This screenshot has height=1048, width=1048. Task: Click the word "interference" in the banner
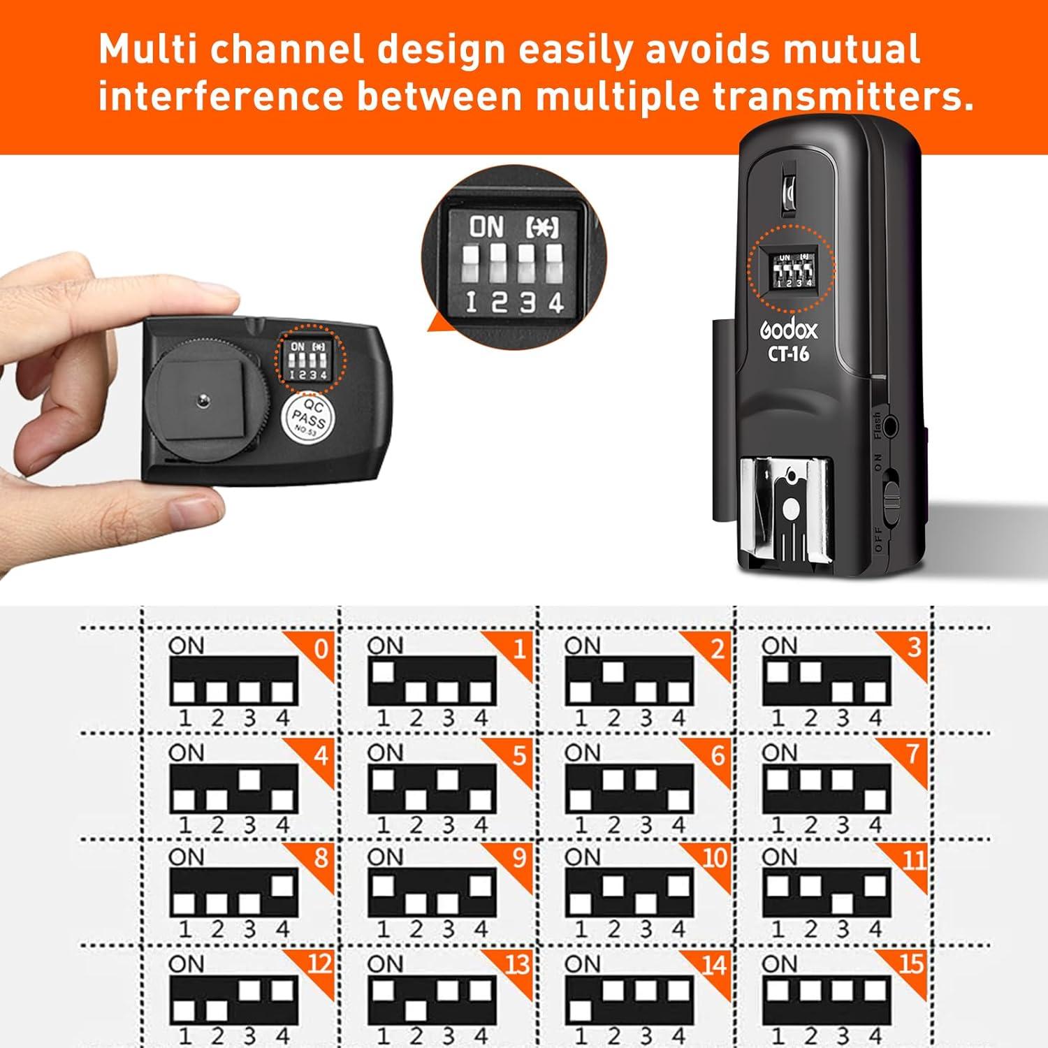click(221, 96)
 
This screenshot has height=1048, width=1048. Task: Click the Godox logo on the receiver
click(788, 330)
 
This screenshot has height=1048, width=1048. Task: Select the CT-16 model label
click(789, 354)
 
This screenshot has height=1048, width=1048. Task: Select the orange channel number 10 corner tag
click(713, 858)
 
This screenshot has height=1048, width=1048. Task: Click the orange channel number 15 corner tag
click(910, 965)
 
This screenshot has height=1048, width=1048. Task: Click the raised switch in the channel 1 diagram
click(382, 671)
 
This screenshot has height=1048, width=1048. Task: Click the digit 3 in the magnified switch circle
click(527, 303)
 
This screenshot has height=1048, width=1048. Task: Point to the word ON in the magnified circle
click(486, 226)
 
